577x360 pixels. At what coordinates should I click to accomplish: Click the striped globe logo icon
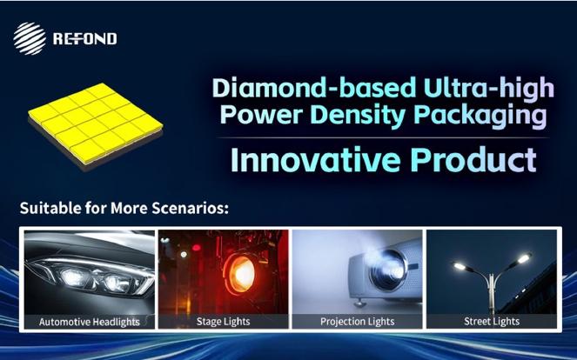30,38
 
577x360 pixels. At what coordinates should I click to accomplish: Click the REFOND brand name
85,38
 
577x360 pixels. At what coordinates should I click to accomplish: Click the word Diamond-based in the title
314,88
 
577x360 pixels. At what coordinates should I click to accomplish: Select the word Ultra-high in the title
489,89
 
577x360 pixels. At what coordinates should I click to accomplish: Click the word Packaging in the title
480,116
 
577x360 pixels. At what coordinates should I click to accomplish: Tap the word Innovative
316,160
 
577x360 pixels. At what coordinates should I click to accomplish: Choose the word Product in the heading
473,160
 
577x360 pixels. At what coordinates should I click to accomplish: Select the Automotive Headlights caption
90,322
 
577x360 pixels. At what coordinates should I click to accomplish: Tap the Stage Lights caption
224,322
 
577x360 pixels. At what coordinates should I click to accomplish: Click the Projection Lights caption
358,322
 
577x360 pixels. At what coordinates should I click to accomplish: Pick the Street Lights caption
492,322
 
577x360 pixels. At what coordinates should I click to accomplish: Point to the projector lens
388,270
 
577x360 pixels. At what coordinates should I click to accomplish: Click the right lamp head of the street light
523,257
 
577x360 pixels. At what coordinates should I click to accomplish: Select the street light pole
491,294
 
